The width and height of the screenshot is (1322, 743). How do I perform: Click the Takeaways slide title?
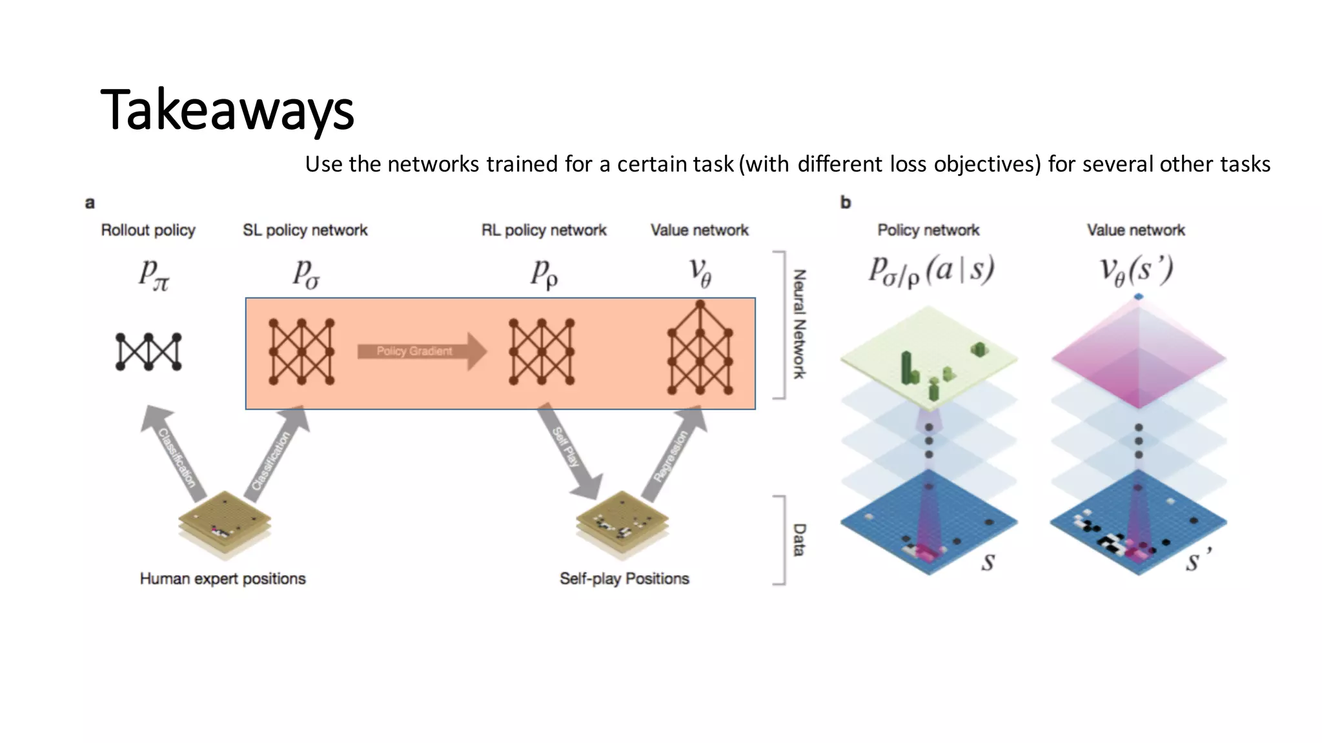coord(227,110)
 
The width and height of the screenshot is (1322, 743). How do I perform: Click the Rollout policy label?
coord(148,230)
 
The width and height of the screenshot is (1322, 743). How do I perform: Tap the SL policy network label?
coord(305,230)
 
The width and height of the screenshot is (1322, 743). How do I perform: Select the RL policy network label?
coord(544,230)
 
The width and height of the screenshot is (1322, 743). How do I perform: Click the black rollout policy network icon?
coord(148,352)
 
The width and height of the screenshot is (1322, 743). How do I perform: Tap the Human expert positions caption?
coord(223,579)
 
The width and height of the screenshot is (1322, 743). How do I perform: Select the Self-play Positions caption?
coord(624,579)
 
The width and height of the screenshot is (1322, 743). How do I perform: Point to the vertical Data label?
coord(799,540)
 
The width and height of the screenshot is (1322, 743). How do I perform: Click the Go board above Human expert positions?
coord(225,522)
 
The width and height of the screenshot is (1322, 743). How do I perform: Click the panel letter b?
coord(846,203)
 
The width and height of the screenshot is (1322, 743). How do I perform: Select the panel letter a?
coord(90,203)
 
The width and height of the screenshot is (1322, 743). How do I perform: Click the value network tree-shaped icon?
coord(700,348)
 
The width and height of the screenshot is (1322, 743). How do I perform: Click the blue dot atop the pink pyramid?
coord(1139,297)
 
